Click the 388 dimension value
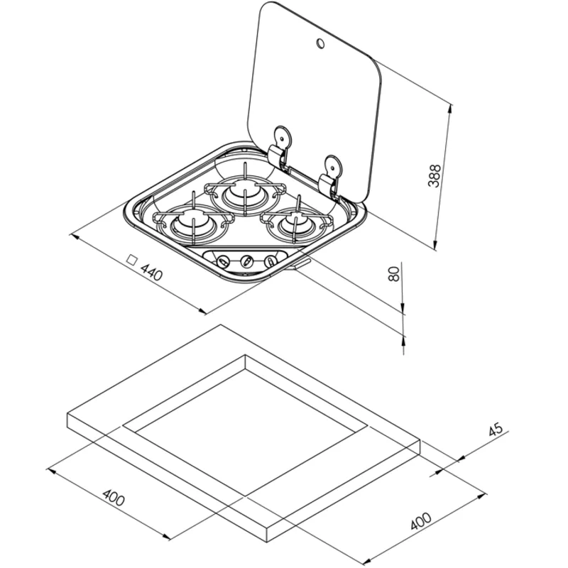[x=435, y=176]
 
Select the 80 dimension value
[x=393, y=273]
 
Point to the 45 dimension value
[x=496, y=430]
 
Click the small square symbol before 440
[x=132, y=260]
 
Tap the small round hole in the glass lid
[x=320, y=43]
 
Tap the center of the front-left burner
[x=192, y=224]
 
